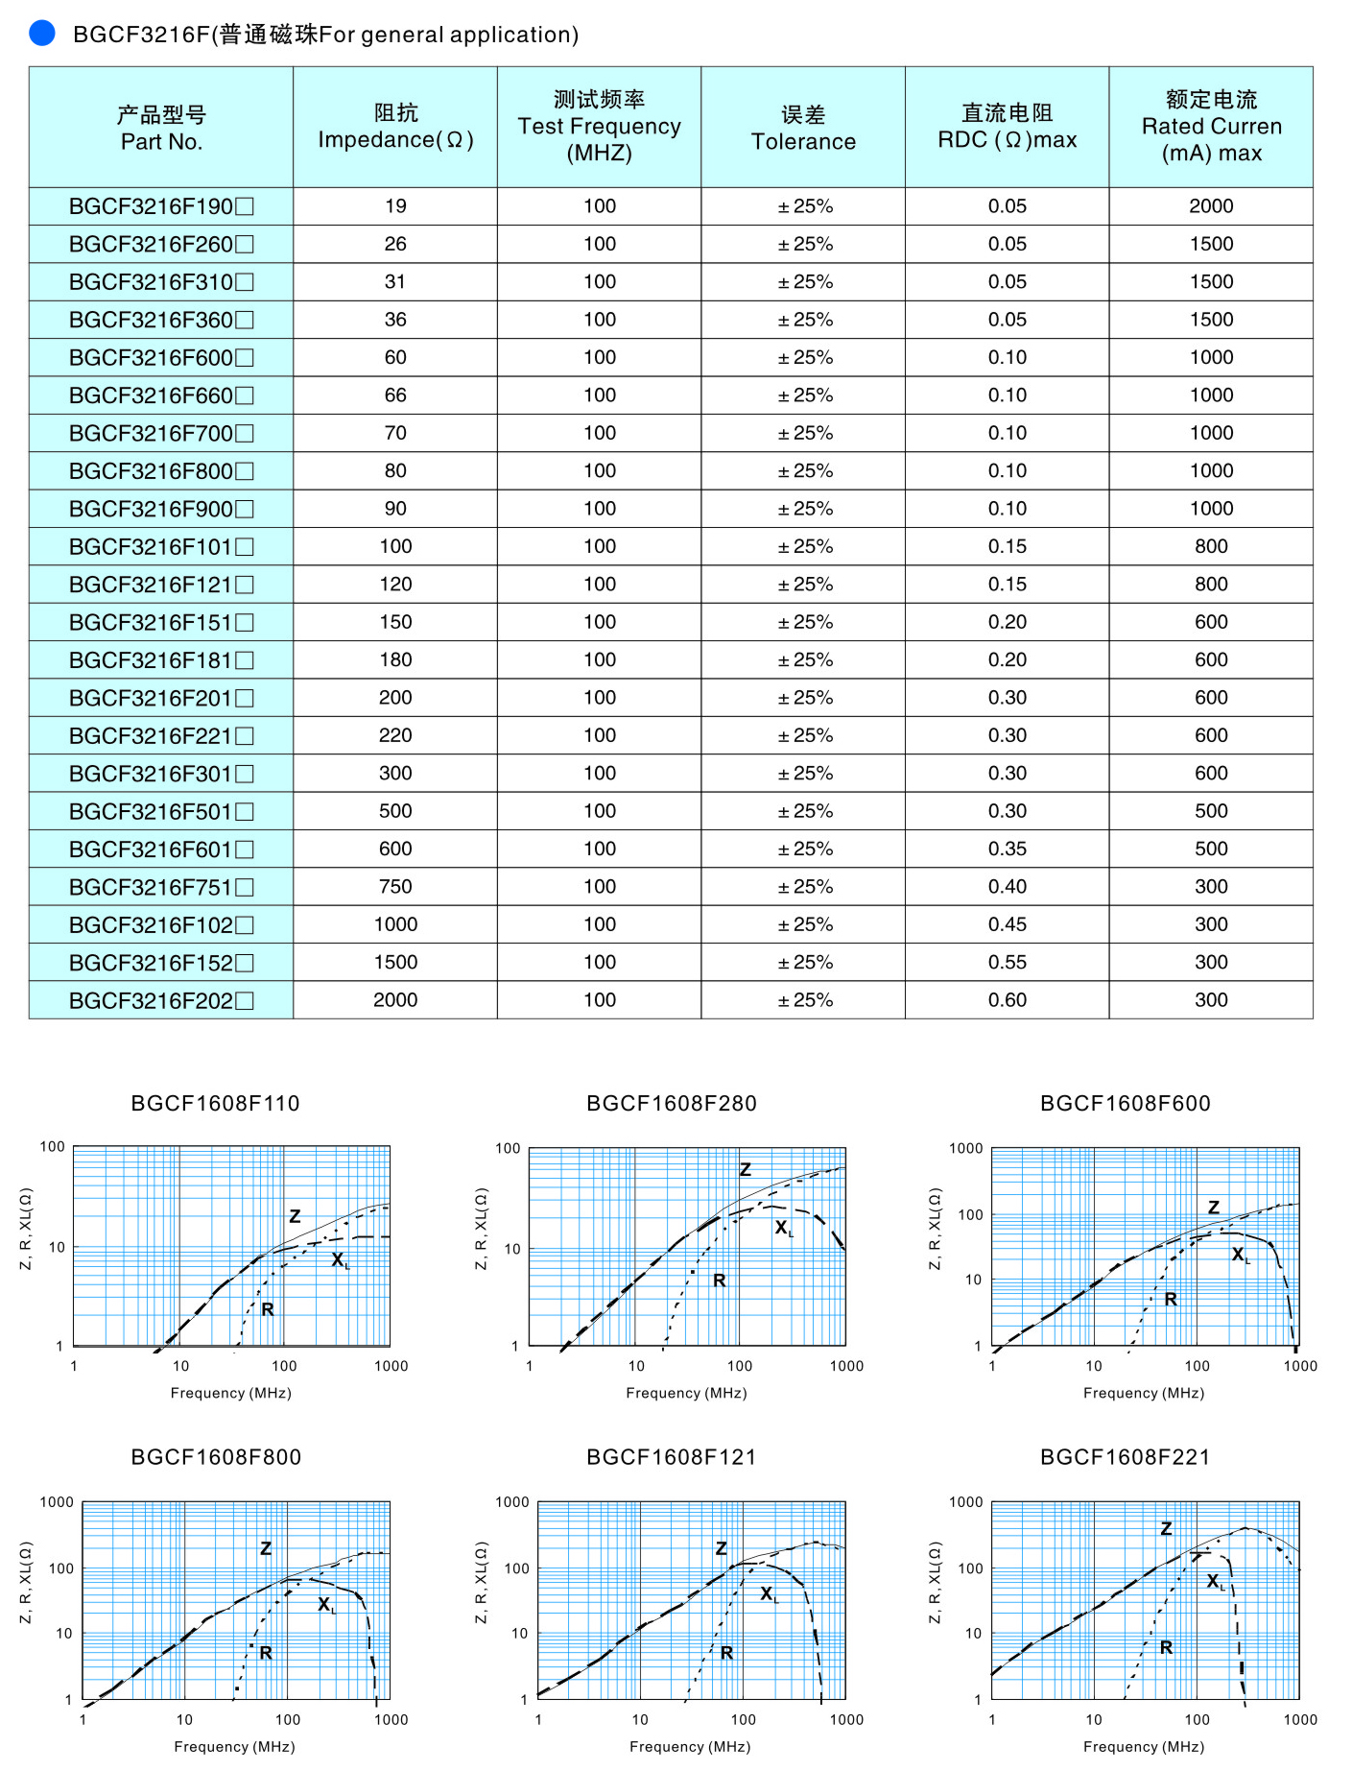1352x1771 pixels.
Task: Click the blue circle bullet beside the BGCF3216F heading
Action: tap(42, 34)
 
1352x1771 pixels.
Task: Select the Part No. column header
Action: tap(161, 128)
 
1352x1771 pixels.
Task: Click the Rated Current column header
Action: tap(1211, 127)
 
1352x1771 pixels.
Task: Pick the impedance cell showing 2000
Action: tap(395, 1000)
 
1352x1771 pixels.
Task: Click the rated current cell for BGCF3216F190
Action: tap(1211, 206)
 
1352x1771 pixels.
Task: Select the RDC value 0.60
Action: tap(1007, 1000)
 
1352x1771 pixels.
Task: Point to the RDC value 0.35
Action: tap(1007, 849)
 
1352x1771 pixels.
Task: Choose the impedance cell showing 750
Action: tap(395, 887)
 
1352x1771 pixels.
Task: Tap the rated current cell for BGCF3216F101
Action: tap(1211, 546)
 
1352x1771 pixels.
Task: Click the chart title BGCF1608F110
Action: tap(215, 1104)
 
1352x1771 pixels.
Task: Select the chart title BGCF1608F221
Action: tap(1125, 1457)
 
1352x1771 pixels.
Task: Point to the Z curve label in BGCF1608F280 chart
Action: tap(746, 1169)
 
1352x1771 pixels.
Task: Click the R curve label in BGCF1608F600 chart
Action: tap(1171, 1299)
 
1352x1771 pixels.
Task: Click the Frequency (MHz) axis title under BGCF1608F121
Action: tap(689, 1746)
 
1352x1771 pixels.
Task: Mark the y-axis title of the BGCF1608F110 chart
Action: tap(26, 1229)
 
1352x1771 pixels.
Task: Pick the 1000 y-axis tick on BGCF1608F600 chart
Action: tap(965, 1148)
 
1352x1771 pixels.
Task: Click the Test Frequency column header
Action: tap(599, 127)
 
